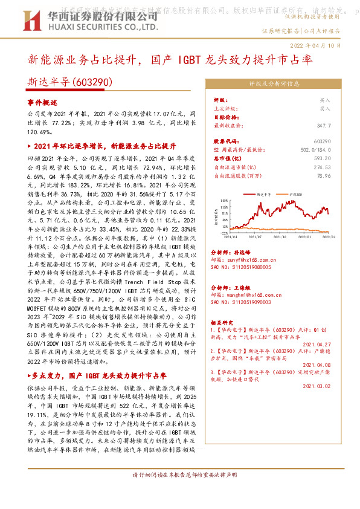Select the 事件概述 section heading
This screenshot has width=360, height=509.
(42, 103)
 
